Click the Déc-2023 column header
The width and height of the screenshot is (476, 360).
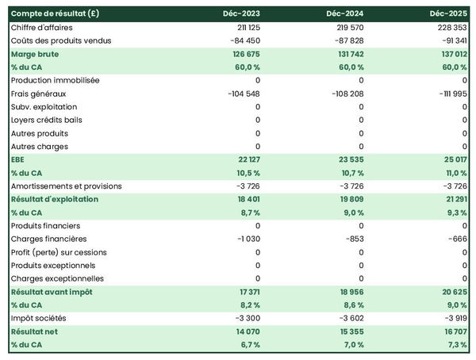click(241, 13)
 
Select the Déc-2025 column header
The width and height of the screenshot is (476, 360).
click(449, 13)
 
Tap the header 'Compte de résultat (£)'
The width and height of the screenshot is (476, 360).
click(55, 13)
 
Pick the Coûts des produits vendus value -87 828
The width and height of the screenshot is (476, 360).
click(346, 40)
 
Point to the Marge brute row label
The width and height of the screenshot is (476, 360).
click(35, 54)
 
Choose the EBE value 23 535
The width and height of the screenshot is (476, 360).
click(349, 159)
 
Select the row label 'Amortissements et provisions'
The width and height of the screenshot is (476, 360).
click(67, 186)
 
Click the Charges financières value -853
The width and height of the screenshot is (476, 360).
click(353, 239)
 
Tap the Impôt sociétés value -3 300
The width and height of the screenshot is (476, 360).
click(246, 318)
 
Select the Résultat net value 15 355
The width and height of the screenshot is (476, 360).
click(349, 331)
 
